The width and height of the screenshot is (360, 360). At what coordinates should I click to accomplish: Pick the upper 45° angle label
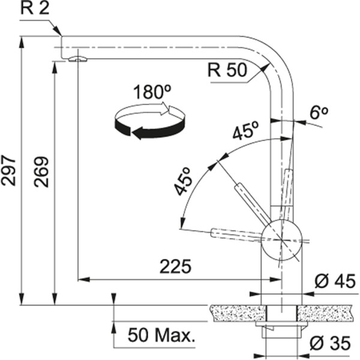[246, 131]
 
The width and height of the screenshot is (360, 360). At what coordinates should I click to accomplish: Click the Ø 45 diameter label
[332, 281]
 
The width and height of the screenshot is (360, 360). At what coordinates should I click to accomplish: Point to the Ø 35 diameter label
[331, 343]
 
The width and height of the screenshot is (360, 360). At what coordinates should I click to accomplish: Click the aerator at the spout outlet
[77, 58]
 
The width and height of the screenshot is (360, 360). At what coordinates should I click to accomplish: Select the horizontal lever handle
[236, 235]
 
